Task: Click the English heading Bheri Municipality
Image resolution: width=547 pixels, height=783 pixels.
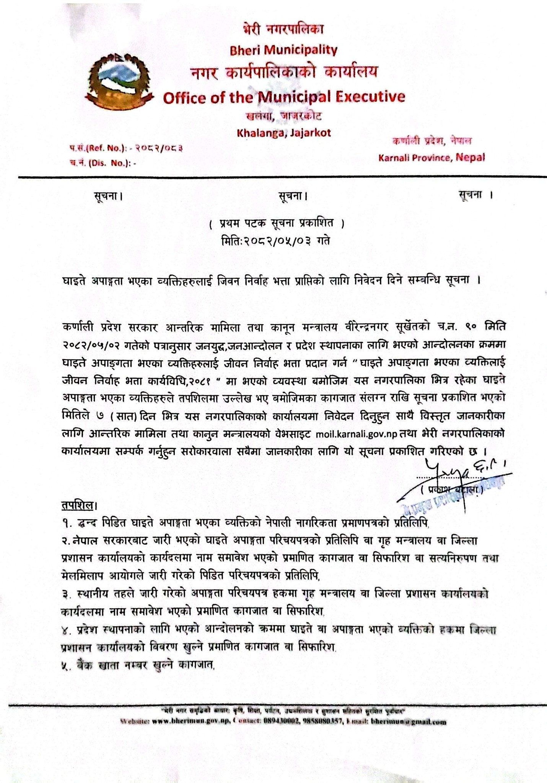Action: click(x=283, y=50)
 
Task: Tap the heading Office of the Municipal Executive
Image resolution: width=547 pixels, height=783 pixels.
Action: click(x=284, y=97)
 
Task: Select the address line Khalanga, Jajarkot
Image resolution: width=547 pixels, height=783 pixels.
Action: click(x=283, y=133)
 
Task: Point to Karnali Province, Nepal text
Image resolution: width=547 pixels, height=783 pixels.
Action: click(x=431, y=157)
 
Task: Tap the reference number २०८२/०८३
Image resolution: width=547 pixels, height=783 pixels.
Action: click(x=160, y=148)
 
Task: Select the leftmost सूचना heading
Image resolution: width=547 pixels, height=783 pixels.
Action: click(x=109, y=197)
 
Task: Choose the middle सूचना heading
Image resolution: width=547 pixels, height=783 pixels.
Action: click(x=293, y=197)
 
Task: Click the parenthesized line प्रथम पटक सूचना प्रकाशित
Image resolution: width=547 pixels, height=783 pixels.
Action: click(x=277, y=223)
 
